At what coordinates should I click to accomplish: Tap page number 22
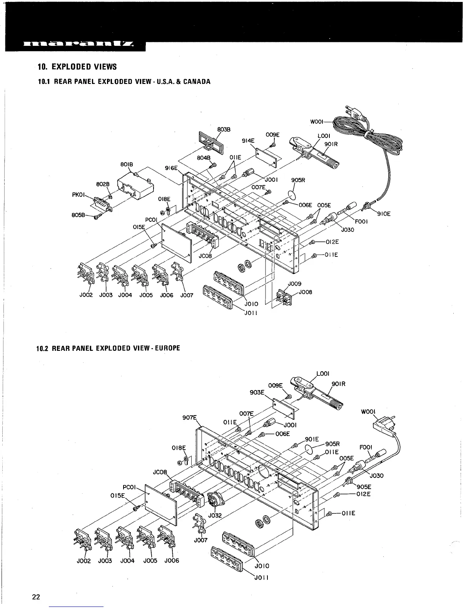[36, 597]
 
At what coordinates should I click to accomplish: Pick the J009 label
[294, 284]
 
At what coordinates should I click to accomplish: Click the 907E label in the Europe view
[189, 417]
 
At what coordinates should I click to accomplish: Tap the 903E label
[257, 392]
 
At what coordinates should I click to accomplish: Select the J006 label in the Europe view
[172, 560]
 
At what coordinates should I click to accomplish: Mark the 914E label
[248, 141]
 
